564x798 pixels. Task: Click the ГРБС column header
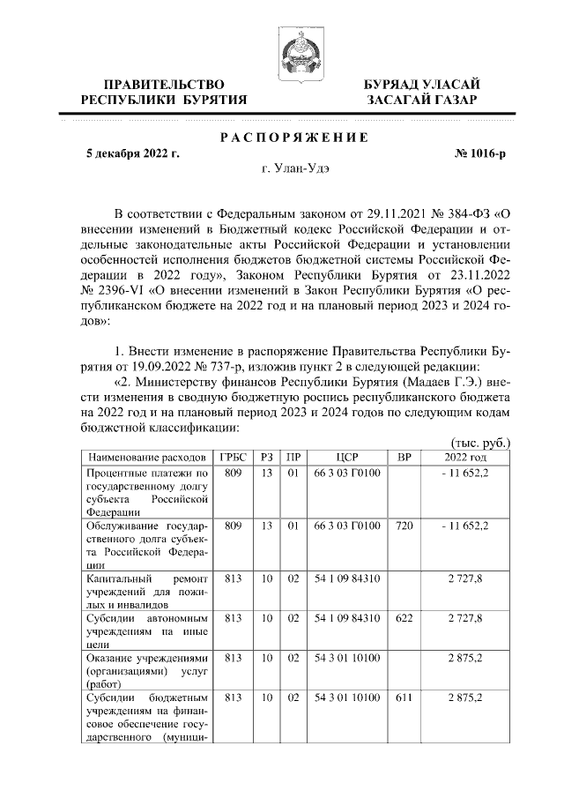point(233,458)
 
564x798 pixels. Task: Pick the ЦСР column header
point(345,458)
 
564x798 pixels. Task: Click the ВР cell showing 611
point(404,697)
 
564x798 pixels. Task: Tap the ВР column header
point(404,458)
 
